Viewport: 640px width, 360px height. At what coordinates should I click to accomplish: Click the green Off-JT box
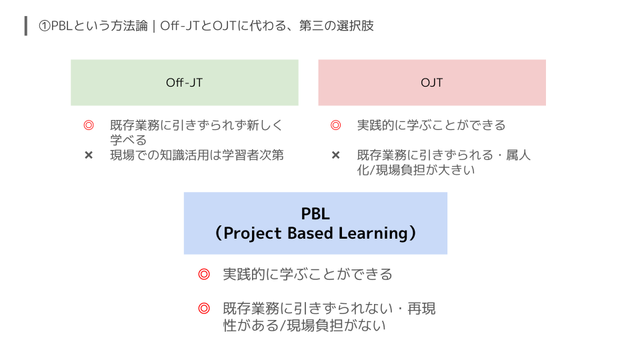pos(185,83)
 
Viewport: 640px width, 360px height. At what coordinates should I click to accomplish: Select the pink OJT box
pos(432,83)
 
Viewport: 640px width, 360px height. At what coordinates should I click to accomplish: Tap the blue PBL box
pos(315,223)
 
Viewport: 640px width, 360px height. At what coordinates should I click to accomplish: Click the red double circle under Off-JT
pos(89,125)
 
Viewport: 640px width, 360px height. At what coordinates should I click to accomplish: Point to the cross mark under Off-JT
pos(89,155)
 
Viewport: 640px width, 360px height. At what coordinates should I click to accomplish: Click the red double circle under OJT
pos(335,125)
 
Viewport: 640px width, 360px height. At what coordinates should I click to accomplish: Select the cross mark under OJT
pos(335,155)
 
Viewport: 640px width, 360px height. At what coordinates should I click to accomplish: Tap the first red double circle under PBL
pos(204,274)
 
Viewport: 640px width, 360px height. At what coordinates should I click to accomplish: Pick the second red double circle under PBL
pos(204,308)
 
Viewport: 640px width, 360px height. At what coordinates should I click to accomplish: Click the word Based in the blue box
pos(310,233)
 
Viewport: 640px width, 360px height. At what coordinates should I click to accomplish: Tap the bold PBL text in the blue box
pos(315,214)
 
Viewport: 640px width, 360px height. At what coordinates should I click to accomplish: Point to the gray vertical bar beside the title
pos(26,26)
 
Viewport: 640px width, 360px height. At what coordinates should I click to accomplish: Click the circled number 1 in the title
pos(45,26)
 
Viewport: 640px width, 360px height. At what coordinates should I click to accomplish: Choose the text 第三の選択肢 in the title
pos(336,26)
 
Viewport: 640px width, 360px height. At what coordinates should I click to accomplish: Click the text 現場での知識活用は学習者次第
pos(197,155)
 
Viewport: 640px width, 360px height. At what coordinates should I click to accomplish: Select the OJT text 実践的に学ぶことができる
pos(431,125)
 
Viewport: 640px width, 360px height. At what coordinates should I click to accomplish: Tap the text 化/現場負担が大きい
pos(416,170)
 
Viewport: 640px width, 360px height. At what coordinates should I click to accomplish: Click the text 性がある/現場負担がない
pos(304,325)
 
